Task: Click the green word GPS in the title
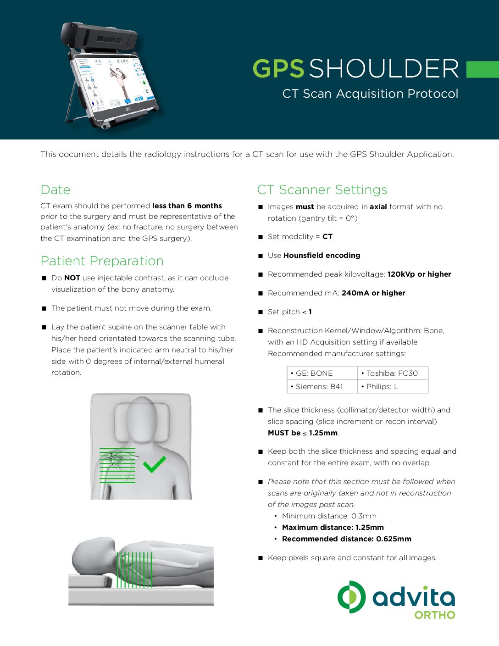coord(278,69)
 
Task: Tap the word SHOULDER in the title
coord(384,69)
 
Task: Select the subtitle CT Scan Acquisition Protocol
coord(370,94)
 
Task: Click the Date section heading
coord(55,189)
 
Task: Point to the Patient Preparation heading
coord(102,261)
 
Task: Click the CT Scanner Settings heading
coord(322,189)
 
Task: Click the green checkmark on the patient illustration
coord(154,464)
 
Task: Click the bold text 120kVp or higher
coord(419,274)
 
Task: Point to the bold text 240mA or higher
coord(373,293)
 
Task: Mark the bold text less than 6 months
coord(187,206)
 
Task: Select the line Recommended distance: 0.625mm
coord(346,539)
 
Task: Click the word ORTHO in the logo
coord(435,615)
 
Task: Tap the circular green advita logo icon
coord(351,597)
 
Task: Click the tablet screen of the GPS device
coord(112,83)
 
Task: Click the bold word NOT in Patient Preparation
coord(72,278)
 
